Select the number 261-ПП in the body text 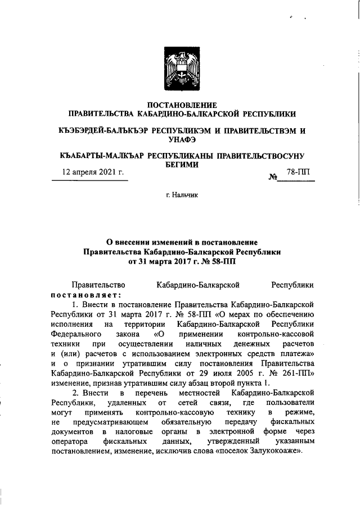(297, 374)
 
